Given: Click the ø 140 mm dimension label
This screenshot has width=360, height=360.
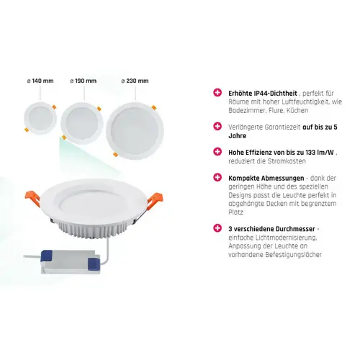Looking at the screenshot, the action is (40, 81).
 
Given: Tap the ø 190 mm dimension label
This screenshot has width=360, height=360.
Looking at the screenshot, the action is (84, 81).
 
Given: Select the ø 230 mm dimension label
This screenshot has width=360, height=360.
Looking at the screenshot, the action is (135, 81).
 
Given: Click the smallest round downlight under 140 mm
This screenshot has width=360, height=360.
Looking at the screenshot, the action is (40, 118).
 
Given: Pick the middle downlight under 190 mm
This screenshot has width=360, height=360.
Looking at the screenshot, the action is (82, 123).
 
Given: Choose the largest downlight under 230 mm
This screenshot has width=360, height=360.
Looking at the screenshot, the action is (135, 131).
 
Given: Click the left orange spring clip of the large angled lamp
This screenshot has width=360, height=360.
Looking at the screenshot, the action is (32, 198).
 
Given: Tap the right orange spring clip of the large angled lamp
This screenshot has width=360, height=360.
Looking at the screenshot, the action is (155, 201).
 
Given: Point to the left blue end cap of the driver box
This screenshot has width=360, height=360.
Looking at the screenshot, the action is (47, 256).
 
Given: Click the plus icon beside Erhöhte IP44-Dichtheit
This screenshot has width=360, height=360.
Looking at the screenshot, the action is (217, 93).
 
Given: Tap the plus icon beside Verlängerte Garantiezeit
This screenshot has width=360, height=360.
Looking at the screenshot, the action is (217, 126).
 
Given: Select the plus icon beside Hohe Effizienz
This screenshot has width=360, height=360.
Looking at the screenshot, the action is (217, 152).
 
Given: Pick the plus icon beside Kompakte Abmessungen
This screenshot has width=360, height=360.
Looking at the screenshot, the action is (217, 177).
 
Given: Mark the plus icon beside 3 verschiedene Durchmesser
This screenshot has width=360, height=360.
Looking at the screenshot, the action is (217, 228).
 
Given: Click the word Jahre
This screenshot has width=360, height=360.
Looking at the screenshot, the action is (238, 136).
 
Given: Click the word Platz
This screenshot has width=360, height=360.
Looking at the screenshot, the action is (235, 212).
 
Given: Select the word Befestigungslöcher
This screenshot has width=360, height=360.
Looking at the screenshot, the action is (293, 255).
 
